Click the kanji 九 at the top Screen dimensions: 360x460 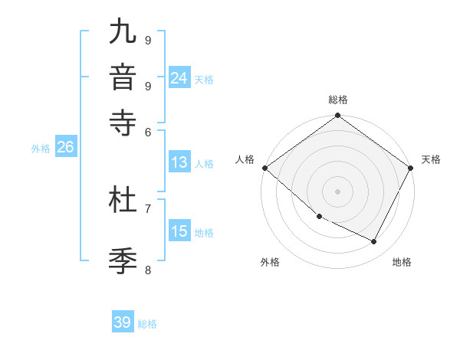123,34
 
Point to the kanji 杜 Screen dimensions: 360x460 123,200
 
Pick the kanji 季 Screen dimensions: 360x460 123,260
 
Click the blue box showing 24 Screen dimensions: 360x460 179,78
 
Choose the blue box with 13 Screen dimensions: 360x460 179,162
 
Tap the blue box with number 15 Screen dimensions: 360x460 179,231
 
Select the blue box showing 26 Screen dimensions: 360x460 65,148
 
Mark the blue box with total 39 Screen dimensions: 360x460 123,322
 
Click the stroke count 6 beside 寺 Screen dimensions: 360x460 148,132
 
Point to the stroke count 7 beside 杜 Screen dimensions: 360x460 148,208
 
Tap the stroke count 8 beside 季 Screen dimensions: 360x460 148,269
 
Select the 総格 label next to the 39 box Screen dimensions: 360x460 147,324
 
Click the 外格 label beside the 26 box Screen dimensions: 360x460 41,149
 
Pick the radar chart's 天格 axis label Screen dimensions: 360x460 431,159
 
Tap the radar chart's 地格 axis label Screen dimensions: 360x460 402,262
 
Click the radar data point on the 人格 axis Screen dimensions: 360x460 265,168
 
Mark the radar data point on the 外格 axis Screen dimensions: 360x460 318,216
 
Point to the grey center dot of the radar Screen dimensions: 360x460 337,191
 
